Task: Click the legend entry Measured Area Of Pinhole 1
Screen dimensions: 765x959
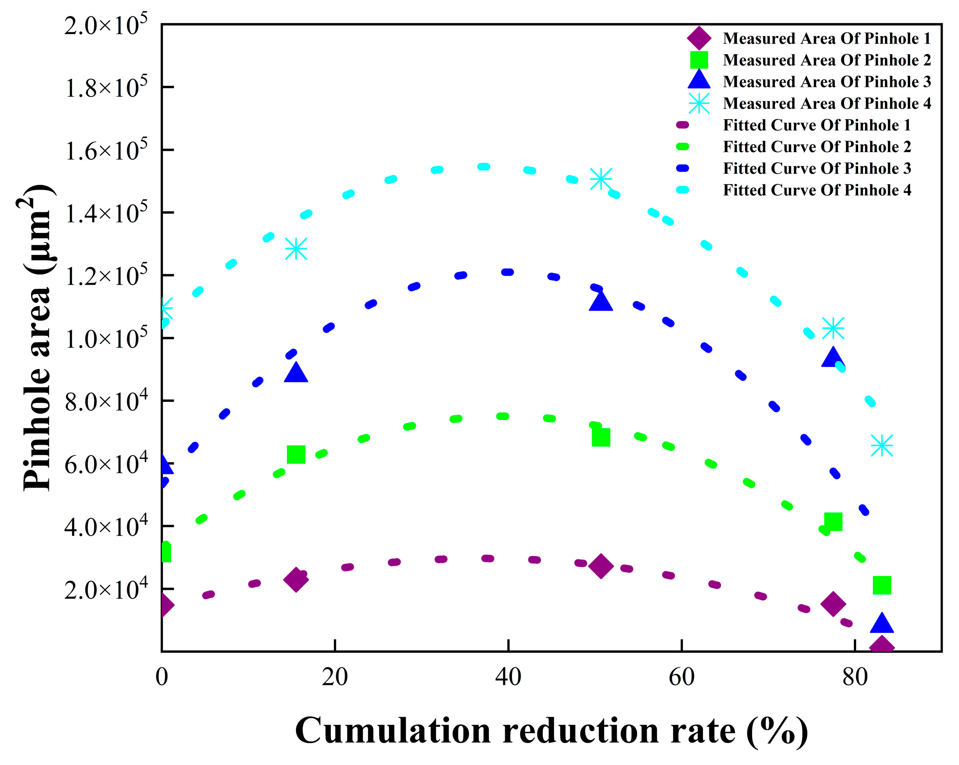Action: click(x=827, y=39)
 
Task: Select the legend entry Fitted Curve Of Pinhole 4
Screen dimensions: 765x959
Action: click(x=817, y=190)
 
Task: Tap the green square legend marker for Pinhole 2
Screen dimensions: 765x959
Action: click(x=699, y=60)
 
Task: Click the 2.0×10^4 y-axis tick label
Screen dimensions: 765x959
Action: click(x=106, y=589)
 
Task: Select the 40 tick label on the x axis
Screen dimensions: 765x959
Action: click(x=508, y=677)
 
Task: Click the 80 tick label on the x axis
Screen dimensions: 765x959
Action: click(x=855, y=677)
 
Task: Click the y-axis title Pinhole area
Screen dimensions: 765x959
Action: click(x=38, y=338)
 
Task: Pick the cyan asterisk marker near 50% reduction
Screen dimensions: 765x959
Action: click(x=600, y=179)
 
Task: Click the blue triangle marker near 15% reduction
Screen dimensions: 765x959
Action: click(x=296, y=373)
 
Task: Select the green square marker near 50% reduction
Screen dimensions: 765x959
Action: click(x=600, y=437)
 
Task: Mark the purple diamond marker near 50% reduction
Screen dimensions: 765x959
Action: click(x=600, y=566)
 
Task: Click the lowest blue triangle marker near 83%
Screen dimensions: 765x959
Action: click(x=882, y=623)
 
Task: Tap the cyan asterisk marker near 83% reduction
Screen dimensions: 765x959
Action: click(x=882, y=445)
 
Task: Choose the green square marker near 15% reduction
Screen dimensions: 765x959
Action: click(x=296, y=455)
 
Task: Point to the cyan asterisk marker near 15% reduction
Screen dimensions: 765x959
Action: click(x=296, y=249)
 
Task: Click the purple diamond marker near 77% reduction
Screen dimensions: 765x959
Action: click(x=833, y=604)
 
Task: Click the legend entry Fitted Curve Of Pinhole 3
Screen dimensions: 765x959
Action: click(x=817, y=168)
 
